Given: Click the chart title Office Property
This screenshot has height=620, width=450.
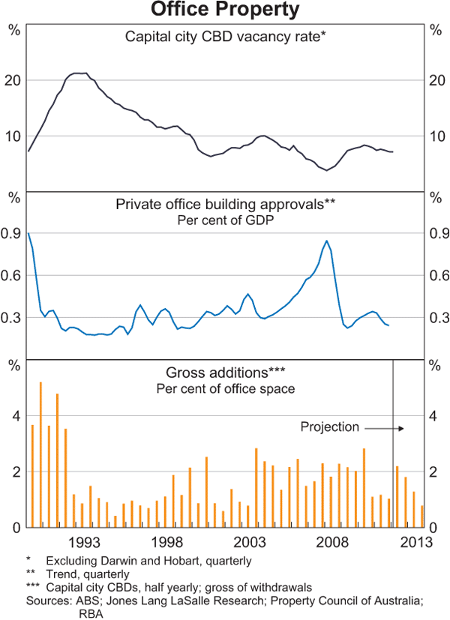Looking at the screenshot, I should (x=225, y=10).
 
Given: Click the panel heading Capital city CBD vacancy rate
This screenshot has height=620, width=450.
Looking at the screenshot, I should (x=226, y=36).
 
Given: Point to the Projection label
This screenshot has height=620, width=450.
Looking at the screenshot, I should (x=330, y=427).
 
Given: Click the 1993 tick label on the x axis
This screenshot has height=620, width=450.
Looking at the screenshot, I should (x=84, y=542).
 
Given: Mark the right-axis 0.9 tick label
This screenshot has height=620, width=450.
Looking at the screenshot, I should (x=436, y=234).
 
